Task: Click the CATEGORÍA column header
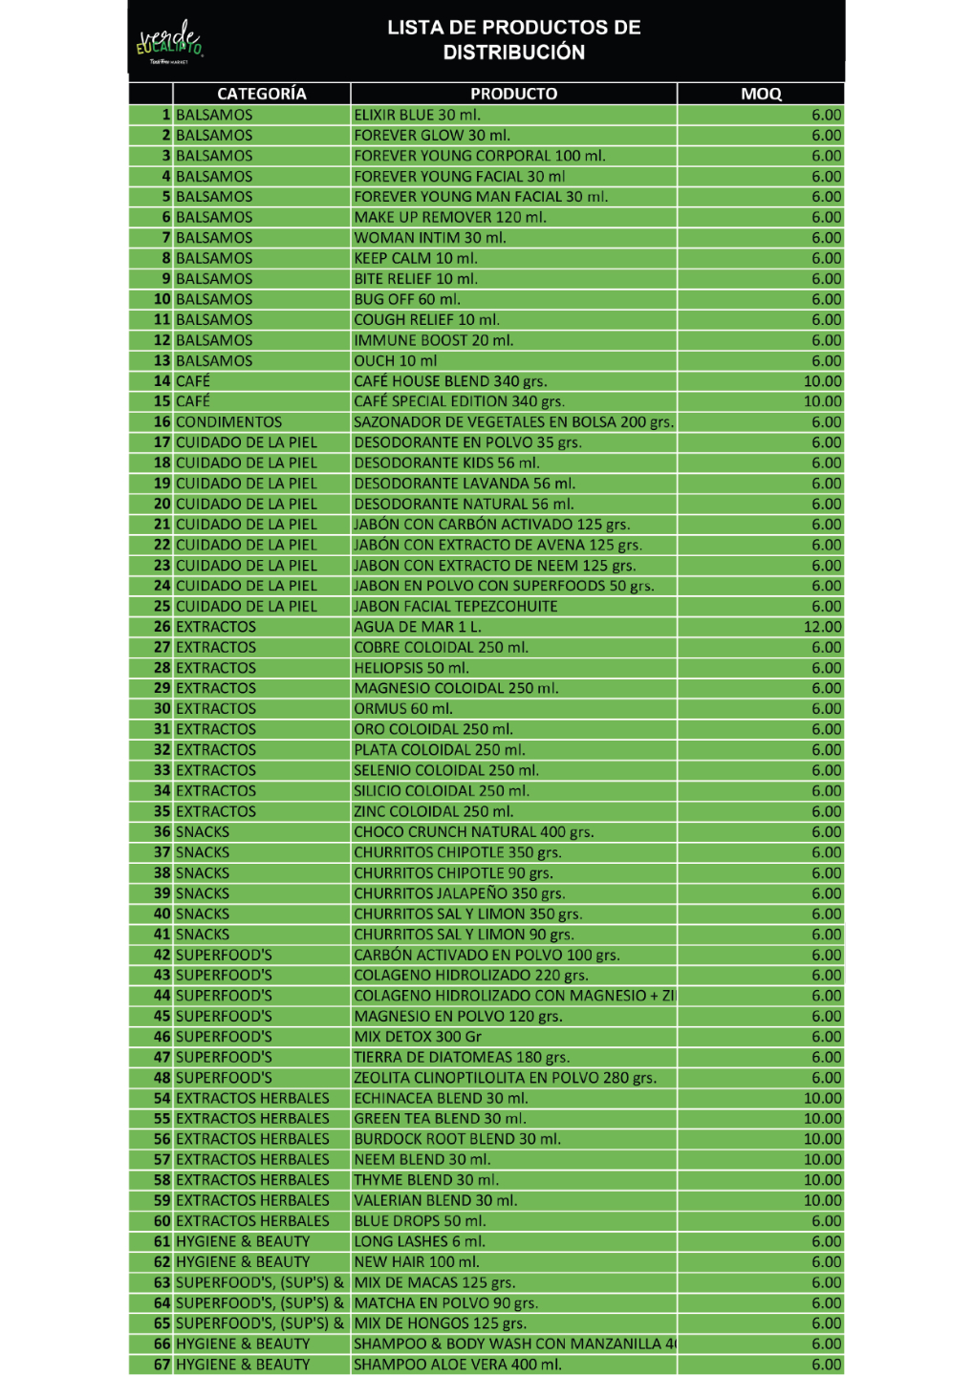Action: [261, 94]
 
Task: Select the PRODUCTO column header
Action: [513, 94]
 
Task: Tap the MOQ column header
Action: [761, 94]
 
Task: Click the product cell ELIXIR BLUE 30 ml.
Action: [418, 115]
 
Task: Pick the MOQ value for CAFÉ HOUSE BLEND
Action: [822, 381]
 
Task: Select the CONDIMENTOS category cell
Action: [228, 422]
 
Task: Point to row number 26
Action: [162, 627]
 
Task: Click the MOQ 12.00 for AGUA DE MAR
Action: [822, 627]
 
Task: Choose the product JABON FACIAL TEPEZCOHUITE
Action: [455, 607]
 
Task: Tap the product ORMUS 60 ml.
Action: [403, 709]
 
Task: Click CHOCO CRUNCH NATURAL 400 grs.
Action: [473, 832]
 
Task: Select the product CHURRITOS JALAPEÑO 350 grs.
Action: [459, 893]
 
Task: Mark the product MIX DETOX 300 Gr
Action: [418, 1037]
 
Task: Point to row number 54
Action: [162, 1098]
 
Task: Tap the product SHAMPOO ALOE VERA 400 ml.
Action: [458, 1365]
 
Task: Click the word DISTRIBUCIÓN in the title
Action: [513, 53]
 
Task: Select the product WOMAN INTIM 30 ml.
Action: [430, 238]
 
